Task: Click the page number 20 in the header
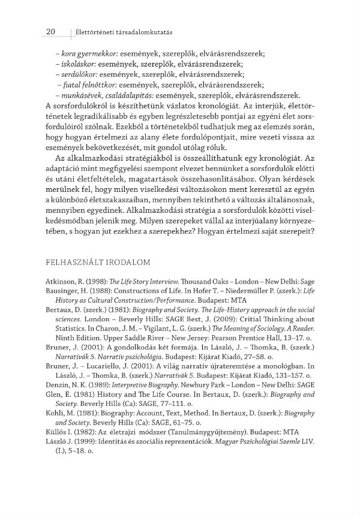pyautogui.click(x=50, y=31)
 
